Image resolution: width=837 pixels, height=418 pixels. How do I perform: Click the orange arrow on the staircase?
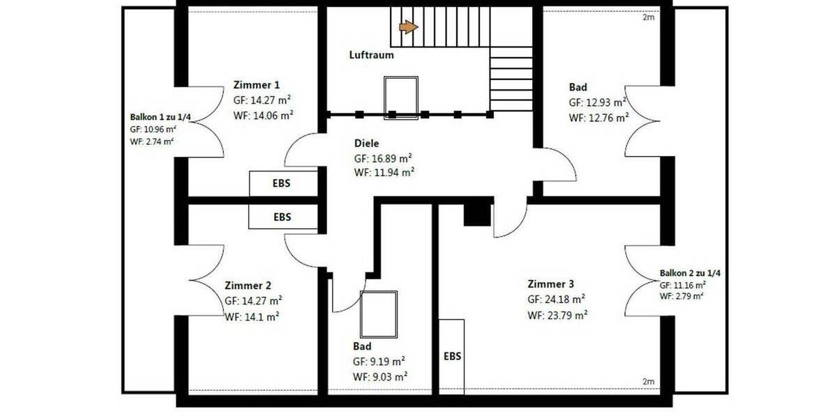[408, 27]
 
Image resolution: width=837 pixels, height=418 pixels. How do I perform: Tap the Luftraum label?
[371, 55]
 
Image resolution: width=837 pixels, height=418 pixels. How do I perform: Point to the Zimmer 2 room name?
[248, 286]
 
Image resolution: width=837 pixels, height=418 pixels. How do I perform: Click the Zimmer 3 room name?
[551, 284]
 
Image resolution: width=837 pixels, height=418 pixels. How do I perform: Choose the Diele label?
[367, 143]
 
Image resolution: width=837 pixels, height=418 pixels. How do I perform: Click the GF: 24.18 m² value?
[556, 300]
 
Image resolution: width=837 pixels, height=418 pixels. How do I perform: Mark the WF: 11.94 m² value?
[383, 172]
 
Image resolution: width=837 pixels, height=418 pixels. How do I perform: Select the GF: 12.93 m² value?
[598, 102]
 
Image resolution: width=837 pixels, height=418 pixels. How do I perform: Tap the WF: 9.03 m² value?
[380, 376]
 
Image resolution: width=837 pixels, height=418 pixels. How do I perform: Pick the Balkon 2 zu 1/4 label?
[690, 273]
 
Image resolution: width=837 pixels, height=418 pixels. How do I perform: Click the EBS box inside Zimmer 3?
[452, 356]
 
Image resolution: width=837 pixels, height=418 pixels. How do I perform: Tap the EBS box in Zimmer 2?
[282, 217]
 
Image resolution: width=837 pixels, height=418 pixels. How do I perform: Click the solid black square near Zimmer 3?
[478, 212]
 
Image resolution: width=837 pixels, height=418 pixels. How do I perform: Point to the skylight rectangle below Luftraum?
[401, 98]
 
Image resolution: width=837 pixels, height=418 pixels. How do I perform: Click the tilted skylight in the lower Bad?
[379, 313]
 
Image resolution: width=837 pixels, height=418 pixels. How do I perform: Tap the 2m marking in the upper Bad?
[648, 17]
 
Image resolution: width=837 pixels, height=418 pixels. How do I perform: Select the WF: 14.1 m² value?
[252, 316]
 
